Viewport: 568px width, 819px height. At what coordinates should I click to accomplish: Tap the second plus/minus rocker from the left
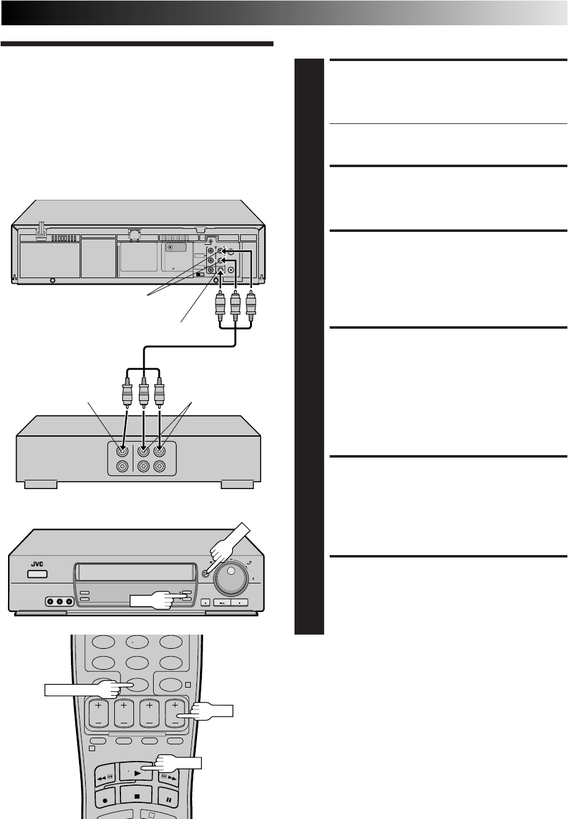pyautogui.click(x=123, y=714)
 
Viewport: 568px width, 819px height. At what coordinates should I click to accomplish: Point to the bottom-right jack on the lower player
pyautogui.click(x=160, y=467)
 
